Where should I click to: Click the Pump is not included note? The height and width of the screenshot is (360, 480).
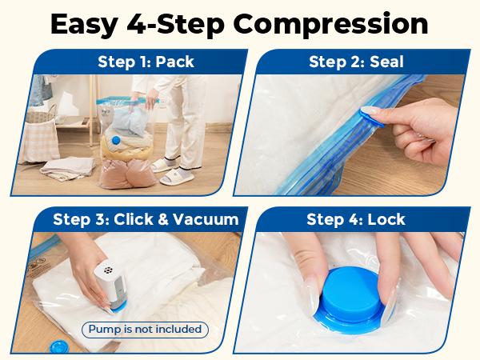point(145,329)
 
